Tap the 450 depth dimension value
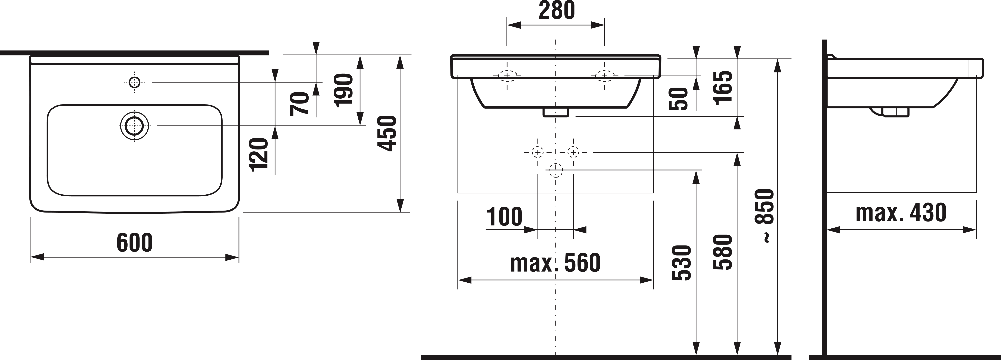point(387,133)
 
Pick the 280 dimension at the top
point(556,10)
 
